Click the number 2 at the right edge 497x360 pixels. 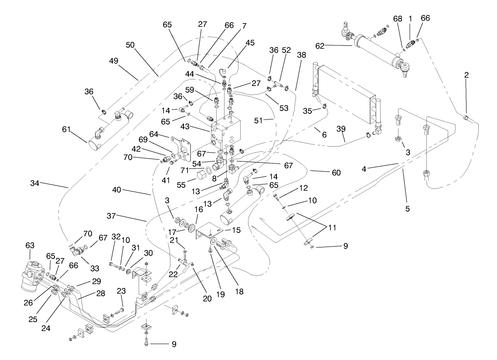466,75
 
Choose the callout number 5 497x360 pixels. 408,209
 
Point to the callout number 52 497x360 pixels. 286,50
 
